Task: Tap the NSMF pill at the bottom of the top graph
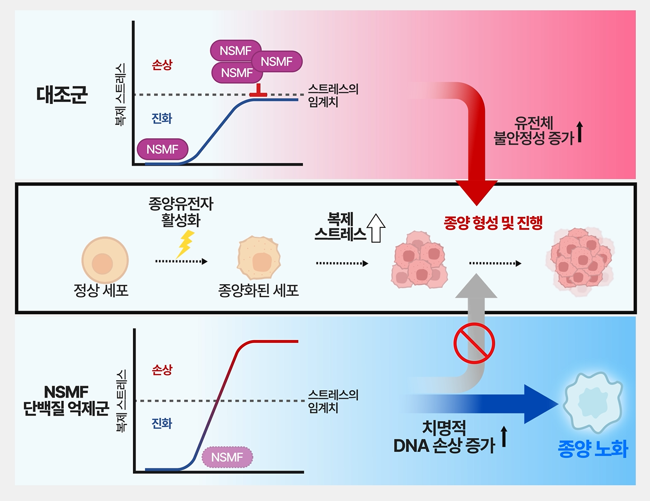[162, 149]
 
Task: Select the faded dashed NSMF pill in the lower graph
[227, 457]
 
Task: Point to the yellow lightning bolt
[185, 244]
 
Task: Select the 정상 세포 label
[101, 290]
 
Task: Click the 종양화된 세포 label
[259, 290]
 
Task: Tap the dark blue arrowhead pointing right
[541, 404]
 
